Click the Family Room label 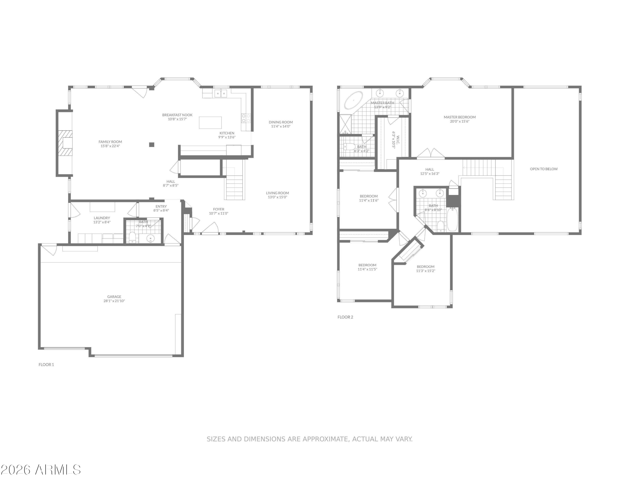[110, 142]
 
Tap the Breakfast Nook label [177, 115]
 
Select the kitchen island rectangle [210, 122]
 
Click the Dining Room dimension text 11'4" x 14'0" [281, 126]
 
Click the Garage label [114, 296]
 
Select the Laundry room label [102, 218]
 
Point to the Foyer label [218, 209]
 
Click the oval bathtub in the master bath [353, 100]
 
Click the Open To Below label [544, 169]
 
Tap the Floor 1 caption [46, 365]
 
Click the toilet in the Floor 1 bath [132, 237]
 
